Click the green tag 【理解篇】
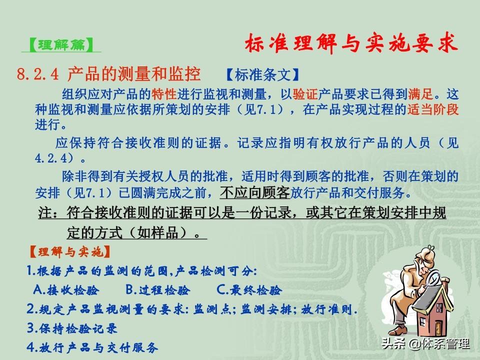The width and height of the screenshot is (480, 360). tap(61, 45)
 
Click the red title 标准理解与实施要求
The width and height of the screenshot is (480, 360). tap(351, 43)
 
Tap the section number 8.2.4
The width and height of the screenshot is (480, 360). tap(37, 74)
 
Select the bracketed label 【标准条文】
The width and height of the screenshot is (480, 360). tap(262, 74)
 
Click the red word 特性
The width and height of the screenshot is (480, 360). tap(164, 94)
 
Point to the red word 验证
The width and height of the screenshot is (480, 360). tap(305, 94)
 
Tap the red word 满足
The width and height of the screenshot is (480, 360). tap(420, 94)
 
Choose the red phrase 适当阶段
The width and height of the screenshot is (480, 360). tap(433, 109)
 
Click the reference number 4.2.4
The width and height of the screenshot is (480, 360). tap(51, 158)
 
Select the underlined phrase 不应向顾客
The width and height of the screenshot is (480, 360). tap(254, 192)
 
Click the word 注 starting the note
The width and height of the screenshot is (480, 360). tap(45, 212)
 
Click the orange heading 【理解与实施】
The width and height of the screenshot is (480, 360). tap(69, 252)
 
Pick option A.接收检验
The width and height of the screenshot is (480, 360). tap(66, 289)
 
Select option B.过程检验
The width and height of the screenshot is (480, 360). tap(157, 289)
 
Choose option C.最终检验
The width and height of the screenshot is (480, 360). tap(249, 289)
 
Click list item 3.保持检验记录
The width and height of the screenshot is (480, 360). tap(72, 328)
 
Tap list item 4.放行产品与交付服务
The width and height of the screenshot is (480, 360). tap(92, 347)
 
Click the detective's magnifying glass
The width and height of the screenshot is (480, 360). tap(432, 279)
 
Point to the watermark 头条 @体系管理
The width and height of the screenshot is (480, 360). tap(425, 343)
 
